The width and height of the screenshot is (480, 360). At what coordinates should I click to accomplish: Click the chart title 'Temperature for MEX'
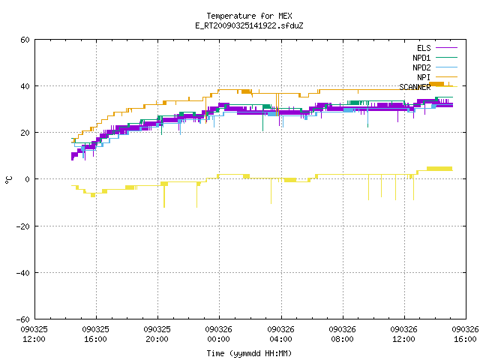point(249,16)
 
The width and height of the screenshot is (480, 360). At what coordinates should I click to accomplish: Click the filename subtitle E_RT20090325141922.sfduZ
point(249,25)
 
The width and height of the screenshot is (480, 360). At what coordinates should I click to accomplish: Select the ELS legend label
point(424,48)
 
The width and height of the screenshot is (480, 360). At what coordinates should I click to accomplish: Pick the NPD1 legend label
point(421,58)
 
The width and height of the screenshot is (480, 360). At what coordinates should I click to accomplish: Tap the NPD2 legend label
point(421,67)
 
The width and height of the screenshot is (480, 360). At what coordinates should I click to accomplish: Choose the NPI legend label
point(424,77)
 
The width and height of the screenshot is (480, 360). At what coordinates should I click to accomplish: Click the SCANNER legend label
point(415,87)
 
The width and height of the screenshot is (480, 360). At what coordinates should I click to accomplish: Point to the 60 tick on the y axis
point(25,40)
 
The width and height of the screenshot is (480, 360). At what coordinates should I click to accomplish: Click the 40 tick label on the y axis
point(25,86)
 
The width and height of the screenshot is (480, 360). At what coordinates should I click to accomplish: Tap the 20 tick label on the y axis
point(25,133)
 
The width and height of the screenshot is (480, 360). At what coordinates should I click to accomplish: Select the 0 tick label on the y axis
point(27,179)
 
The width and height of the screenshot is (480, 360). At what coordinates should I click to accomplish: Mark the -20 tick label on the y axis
point(23,226)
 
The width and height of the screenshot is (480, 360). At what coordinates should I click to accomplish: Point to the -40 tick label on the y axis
point(23,273)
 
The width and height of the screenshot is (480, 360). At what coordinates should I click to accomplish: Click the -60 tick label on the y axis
point(23,319)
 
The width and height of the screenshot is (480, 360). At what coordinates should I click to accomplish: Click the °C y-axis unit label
point(8,180)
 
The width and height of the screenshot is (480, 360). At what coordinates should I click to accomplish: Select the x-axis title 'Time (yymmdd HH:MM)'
point(249,353)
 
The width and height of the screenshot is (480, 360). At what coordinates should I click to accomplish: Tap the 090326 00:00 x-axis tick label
point(218,334)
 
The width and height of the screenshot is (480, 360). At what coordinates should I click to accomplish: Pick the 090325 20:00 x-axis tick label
point(157,334)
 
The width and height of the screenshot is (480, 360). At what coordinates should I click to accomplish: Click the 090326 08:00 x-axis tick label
point(342,334)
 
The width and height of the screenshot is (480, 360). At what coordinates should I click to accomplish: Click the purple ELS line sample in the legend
point(446,48)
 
